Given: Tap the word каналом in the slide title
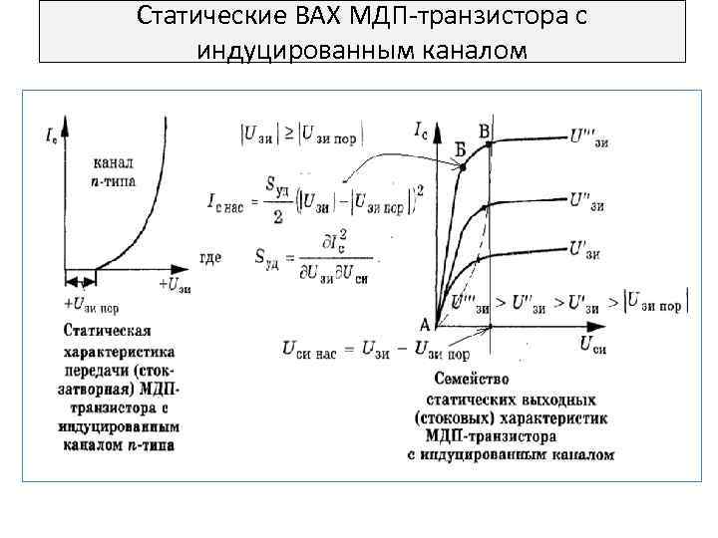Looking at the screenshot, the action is (x=463, y=48).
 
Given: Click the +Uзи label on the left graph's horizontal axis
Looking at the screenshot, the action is (x=174, y=285).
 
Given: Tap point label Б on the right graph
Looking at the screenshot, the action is (x=460, y=148).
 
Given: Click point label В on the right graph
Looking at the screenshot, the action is (x=485, y=130).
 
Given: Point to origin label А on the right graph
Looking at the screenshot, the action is (x=424, y=324).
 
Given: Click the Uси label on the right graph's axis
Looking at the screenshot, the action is (x=592, y=345).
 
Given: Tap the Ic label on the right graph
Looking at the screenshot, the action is (x=422, y=128).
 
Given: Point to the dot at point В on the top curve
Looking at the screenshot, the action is (x=490, y=145).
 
